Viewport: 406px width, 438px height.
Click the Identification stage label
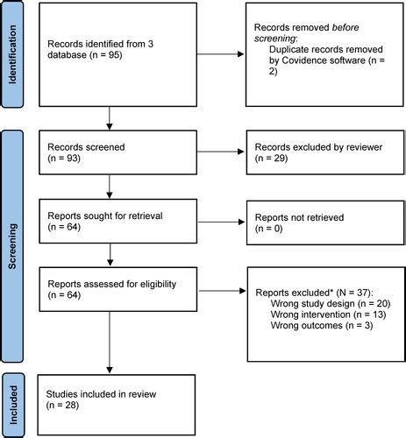(x=12, y=54)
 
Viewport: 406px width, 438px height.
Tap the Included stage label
(x=13, y=405)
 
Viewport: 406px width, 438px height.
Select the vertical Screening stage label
(x=12, y=246)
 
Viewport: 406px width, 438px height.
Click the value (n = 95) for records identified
(x=106, y=55)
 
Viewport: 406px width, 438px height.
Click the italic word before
(x=345, y=27)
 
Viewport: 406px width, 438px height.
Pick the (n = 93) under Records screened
(x=64, y=158)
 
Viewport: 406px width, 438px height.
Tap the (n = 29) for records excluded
(x=271, y=158)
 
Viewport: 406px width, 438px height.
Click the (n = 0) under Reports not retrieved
(x=269, y=229)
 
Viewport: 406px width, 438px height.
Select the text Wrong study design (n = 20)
(x=331, y=304)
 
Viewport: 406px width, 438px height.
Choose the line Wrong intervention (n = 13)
(x=328, y=314)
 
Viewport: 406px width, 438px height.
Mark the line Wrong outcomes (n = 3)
(x=322, y=325)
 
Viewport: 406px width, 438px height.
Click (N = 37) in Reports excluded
(x=354, y=293)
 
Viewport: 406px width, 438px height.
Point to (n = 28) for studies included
(x=62, y=406)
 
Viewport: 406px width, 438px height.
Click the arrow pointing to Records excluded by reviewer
(x=221, y=152)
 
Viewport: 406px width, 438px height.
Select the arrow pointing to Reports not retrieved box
(x=221, y=223)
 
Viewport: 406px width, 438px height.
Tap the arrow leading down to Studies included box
(x=110, y=343)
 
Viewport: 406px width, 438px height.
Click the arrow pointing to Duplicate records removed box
(x=221, y=54)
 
